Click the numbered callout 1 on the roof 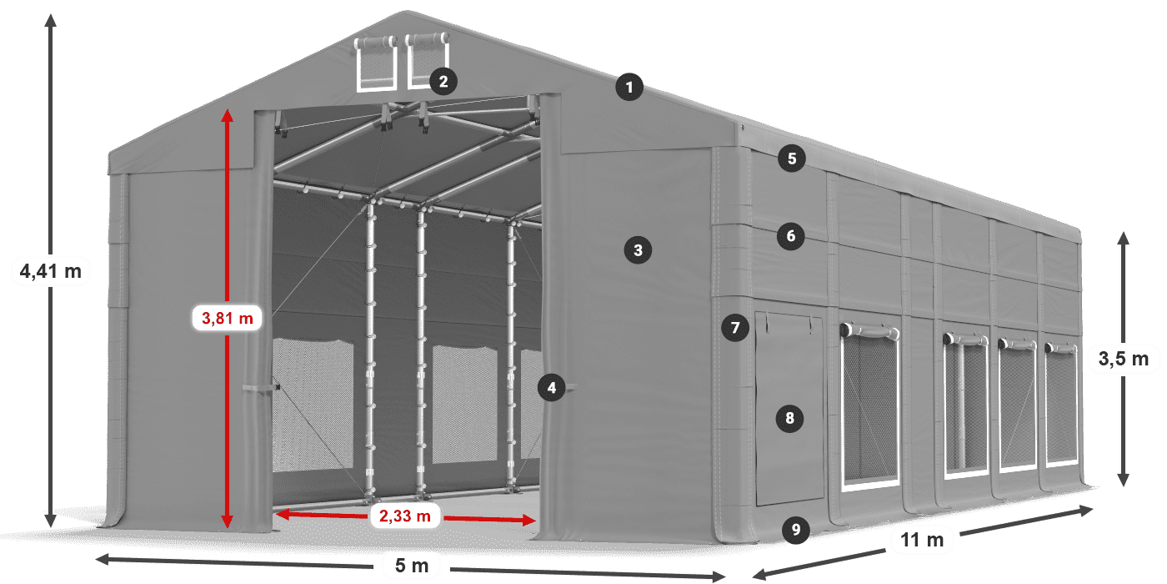(x=629, y=87)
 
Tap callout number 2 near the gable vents (x=443, y=82)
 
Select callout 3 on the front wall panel (x=638, y=250)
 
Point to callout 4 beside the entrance (x=552, y=387)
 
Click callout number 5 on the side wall (x=792, y=159)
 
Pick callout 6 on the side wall (x=791, y=236)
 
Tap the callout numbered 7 (x=735, y=327)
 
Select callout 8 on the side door (x=790, y=418)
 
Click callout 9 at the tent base (x=796, y=530)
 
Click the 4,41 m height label (x=51, y=271)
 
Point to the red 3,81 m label (x=227, y=318)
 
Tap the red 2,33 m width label (x=405, y=516)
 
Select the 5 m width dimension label (x=412, y=566)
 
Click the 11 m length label (x=922, y=540)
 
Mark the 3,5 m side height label (x=1124, y=359)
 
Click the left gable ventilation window (x=375, y=63)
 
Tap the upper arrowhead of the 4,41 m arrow (x=51, y=21)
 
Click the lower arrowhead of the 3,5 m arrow (x=1124, y=480)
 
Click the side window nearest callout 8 (x=870, y=407)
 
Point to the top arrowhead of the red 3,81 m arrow (x=227, y=116)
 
